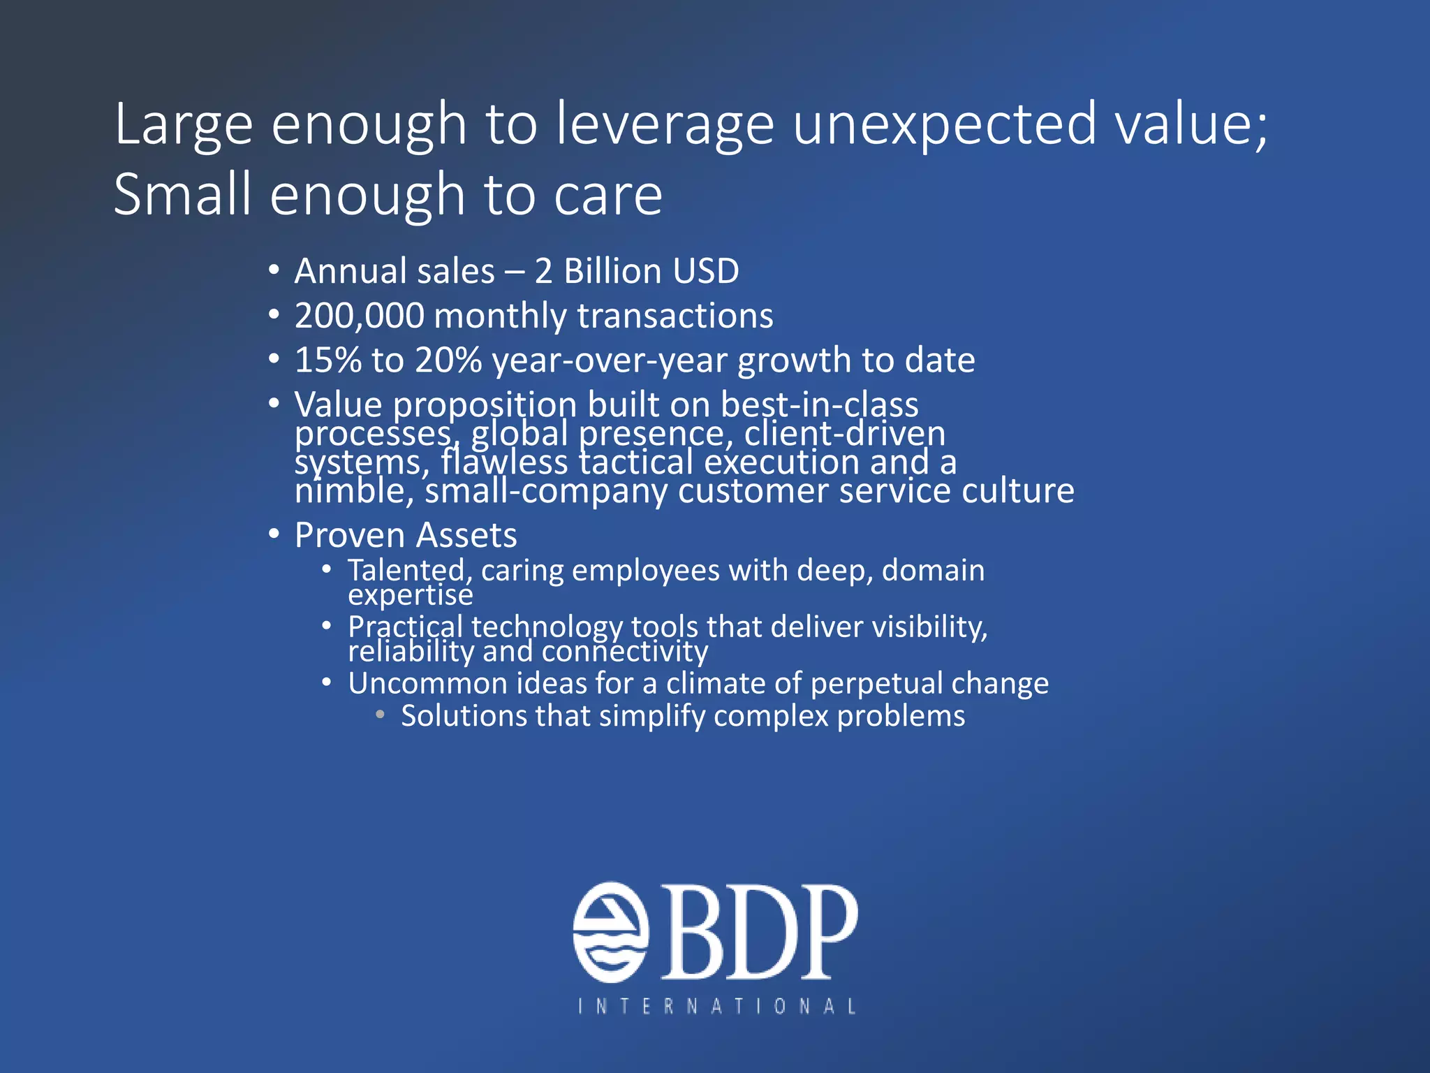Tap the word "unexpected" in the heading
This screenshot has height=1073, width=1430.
945,124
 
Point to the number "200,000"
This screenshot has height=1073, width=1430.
359,316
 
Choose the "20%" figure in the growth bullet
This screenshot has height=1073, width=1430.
448,360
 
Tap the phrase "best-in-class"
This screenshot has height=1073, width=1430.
819,404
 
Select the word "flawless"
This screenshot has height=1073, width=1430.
504,462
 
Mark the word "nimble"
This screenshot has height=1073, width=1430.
349,491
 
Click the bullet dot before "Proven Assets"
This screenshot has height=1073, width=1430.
274,534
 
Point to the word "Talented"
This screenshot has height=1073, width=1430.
406,571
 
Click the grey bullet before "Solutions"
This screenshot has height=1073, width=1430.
380,715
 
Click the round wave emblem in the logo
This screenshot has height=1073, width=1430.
611,932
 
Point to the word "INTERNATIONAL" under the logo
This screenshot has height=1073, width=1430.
716,1006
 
